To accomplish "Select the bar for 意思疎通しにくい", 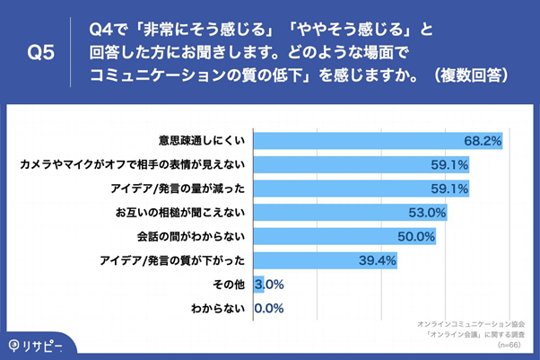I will tap(377, 142).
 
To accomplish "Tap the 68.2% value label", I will tap(483, 142).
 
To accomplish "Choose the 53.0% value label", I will tap(427, 213).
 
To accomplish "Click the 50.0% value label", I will tap(417, 237).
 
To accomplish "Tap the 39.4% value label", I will tap(378, 260).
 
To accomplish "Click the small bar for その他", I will tap(258, 285).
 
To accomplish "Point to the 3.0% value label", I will tap(270, 285).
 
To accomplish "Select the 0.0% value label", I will tap(270, 308).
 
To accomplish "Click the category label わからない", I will tap(219, 308).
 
